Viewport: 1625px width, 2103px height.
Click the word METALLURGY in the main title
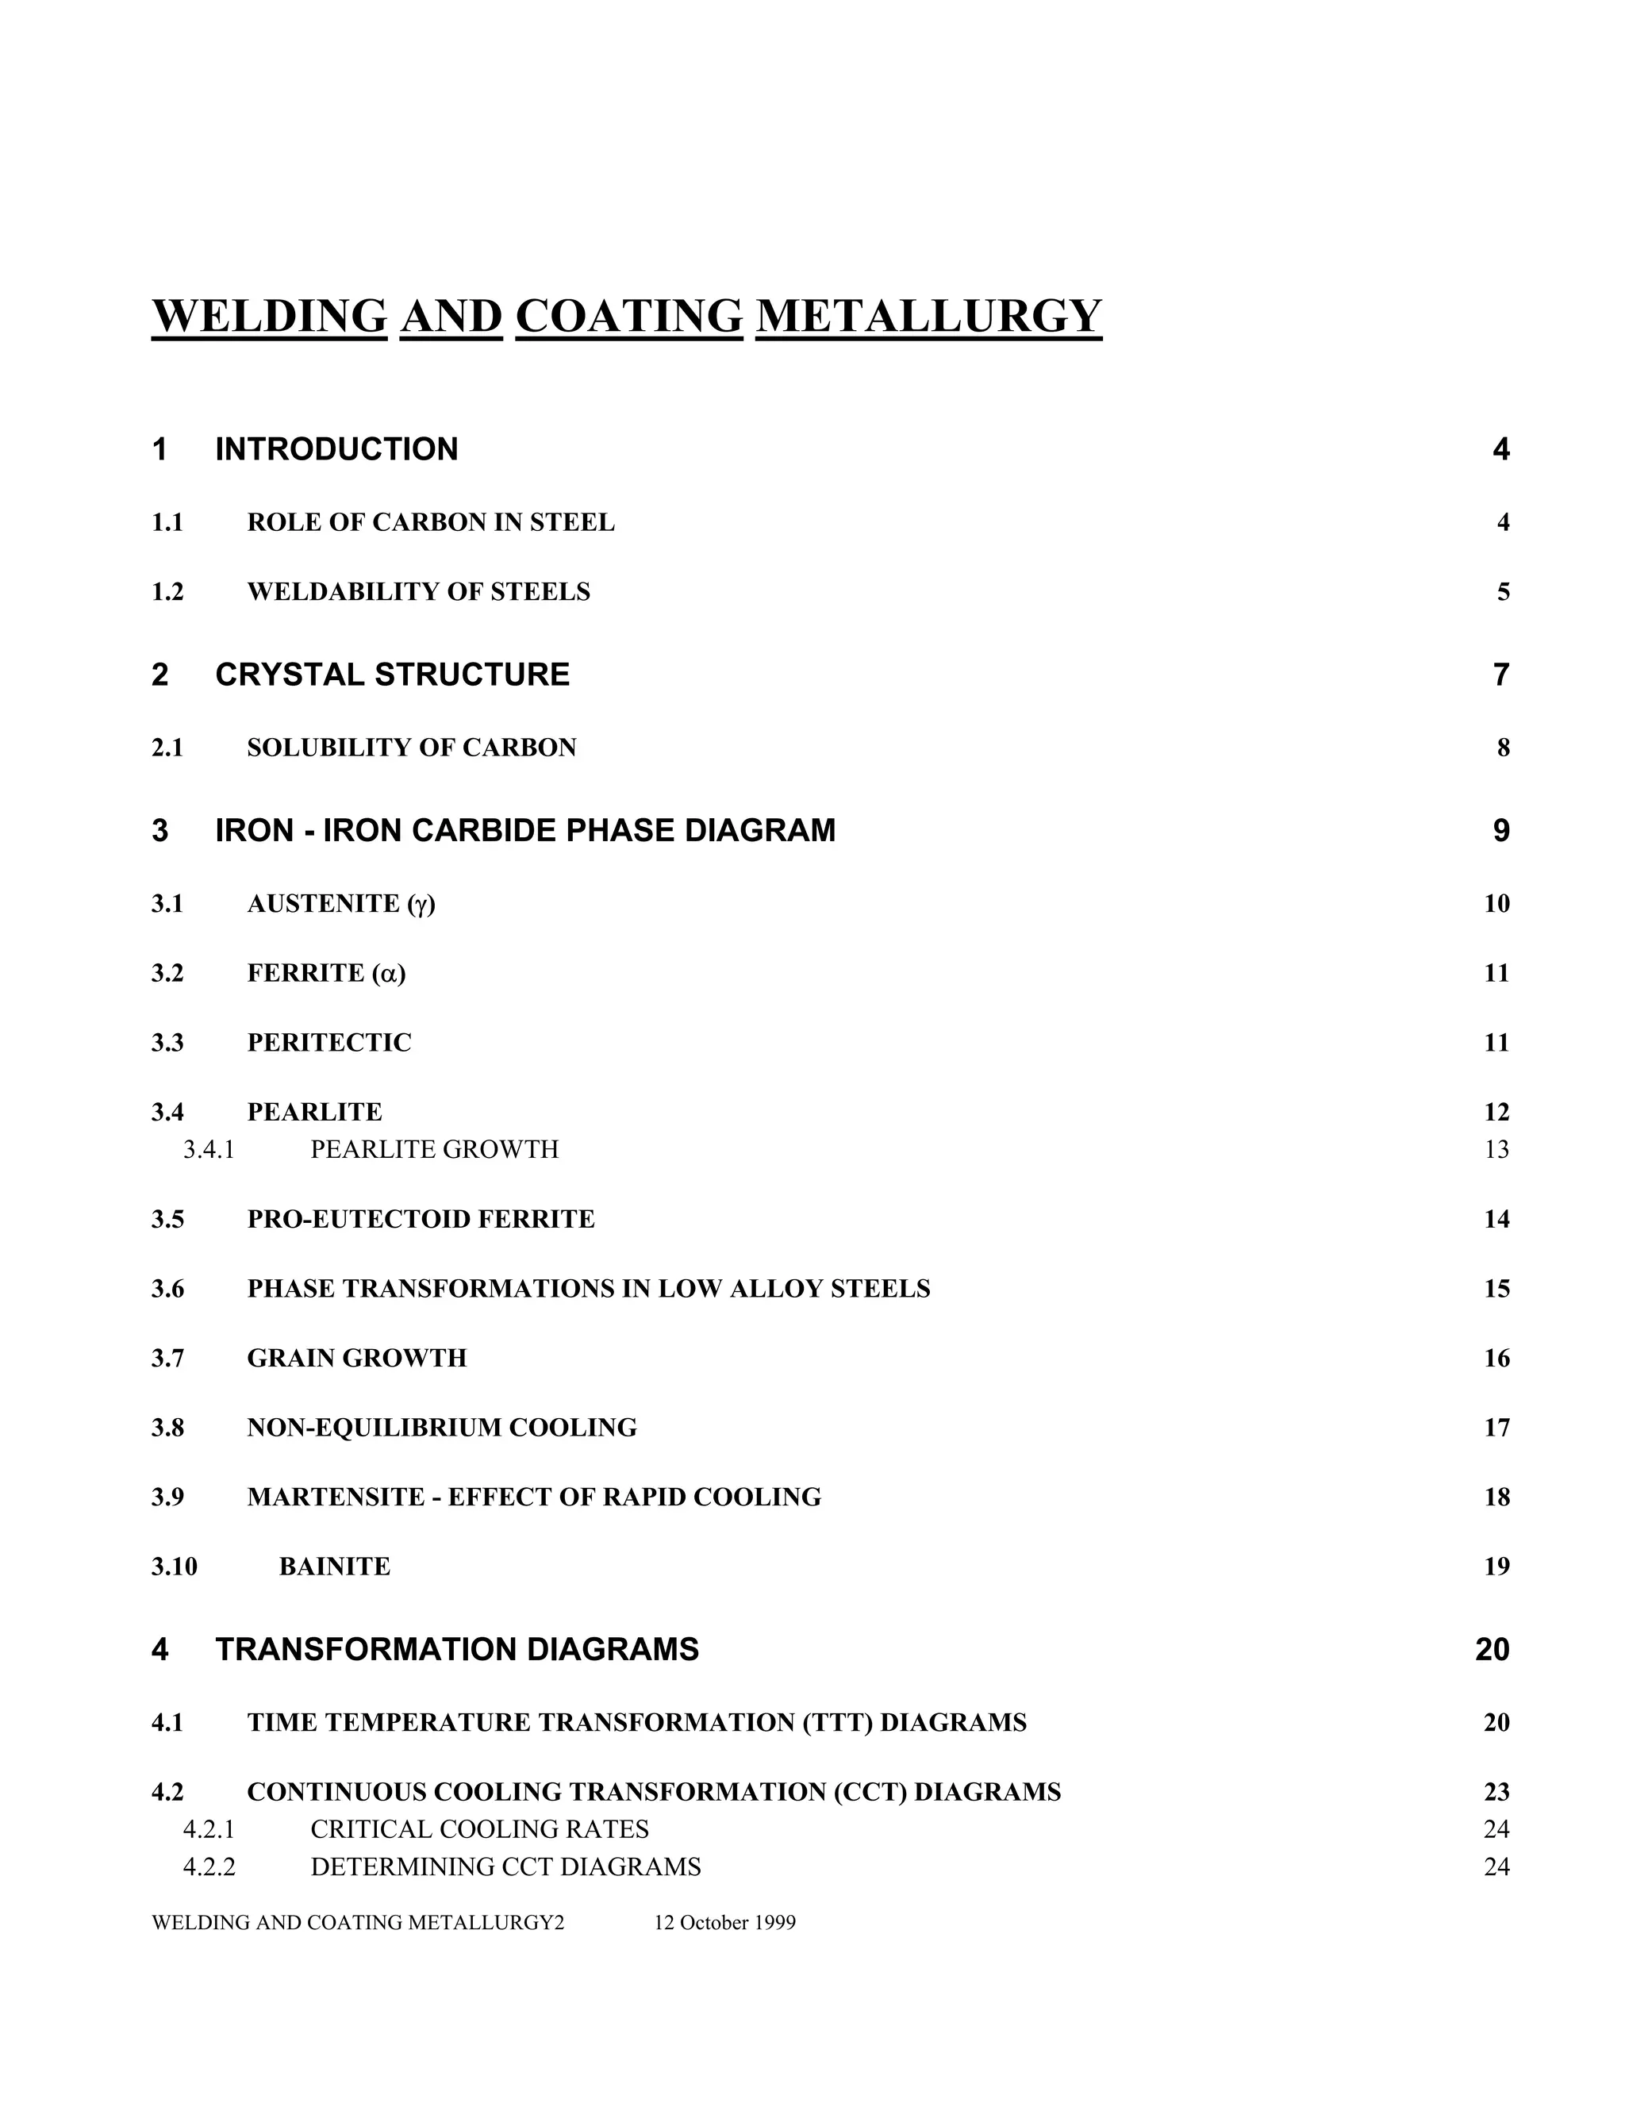(x=929, y=317)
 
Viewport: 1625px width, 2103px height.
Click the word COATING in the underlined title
(x=629, y=317)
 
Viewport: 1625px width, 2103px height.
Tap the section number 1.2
(x=167, y=591)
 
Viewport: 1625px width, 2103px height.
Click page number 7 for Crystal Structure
(x=1500, y=675)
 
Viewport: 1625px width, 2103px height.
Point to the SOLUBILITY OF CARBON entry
(x=411, y=748)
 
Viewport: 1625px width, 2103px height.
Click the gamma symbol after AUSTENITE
(x=421, y=904)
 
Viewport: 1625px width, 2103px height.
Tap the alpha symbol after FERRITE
(x=389, y=974)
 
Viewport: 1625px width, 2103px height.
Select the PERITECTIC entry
(x=328, y=1043)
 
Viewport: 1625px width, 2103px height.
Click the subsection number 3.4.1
(x=209, y=1150)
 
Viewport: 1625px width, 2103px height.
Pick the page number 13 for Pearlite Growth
(x=1496, y=1150)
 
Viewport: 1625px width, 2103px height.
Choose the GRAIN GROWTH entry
(x=356, y=1358)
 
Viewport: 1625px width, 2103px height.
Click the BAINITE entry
(x=334, y=1567)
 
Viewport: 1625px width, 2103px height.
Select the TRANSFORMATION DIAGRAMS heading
(x=456, y=1650)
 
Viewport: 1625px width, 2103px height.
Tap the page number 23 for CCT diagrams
(x=1496, y=1792)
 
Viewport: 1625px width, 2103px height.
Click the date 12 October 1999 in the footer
(x=725, y=1923)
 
